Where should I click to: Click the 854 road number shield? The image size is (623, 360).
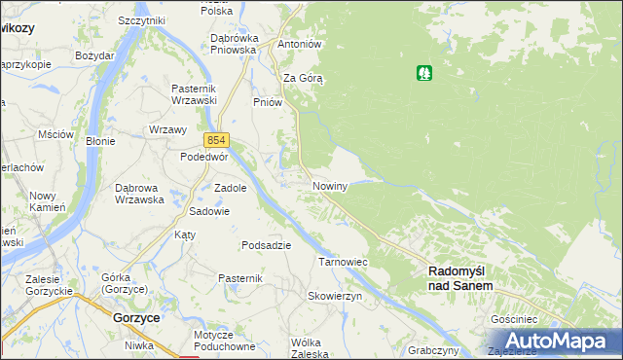pyautogui.click(x=216, y=140)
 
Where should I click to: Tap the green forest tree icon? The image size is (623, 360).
pyautogui.click(x=424, y=73)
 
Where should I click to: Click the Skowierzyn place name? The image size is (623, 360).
pyautogui.click(x=335, y=295)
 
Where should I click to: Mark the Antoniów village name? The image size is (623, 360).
pyautogui.click(x=300, y=45)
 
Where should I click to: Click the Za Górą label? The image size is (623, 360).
pyautogui.click(x=303, y=78)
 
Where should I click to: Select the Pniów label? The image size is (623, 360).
pyautogui.click(x=267, y=102)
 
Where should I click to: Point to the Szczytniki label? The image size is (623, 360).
pyautogui.click(x=141, y=20)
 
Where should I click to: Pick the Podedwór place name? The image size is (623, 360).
pyautogui.click(x=204, y=157)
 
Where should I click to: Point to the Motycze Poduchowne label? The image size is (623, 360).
pyautogui.click(x=224, y=340)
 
